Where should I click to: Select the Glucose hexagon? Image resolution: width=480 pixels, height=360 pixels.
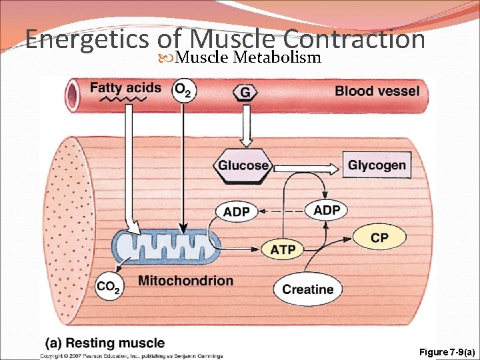point(243,165)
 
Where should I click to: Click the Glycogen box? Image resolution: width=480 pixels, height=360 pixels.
point(377,165)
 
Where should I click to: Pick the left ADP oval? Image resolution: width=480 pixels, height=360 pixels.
point(237,212)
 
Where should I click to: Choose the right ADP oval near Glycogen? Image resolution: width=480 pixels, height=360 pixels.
point(327,211)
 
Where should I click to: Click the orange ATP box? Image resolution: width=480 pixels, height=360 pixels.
point(283,250)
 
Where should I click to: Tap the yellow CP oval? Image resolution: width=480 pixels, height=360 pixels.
point(379,238)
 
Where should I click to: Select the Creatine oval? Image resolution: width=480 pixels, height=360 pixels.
point(307,289)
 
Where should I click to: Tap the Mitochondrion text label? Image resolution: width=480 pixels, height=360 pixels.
point(185,281)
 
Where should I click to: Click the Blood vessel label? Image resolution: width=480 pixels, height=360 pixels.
point(377,91)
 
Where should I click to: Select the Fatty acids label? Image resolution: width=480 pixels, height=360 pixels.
point(125,87)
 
